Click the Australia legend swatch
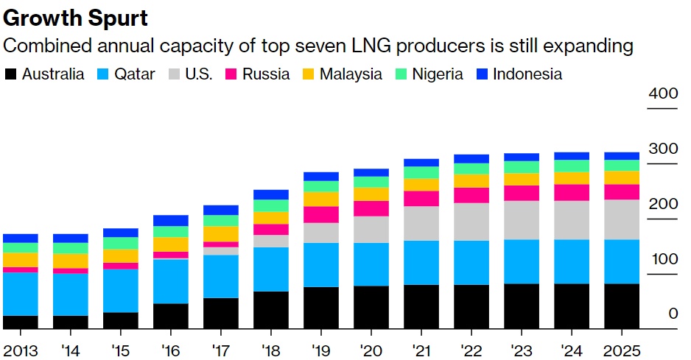click(11, 74)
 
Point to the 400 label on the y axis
click(662, 93)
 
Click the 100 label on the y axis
click(662, 259)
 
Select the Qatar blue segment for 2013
click(21, 294)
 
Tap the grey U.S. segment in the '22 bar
click(471, 222)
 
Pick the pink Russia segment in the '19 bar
click(321, 214)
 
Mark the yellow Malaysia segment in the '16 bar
click(171, 244)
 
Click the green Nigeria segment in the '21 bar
click(421, 172)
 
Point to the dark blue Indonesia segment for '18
click(271, 194)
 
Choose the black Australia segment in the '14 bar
click(71, 322)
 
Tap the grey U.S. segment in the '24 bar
click(572, 220)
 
